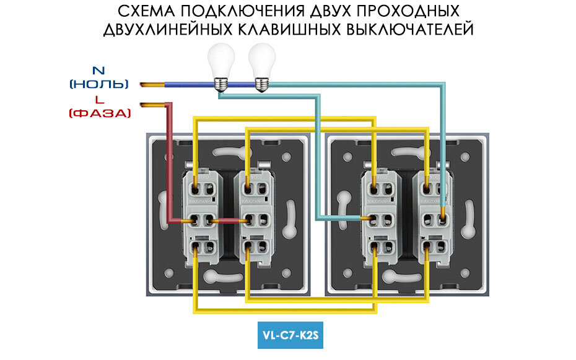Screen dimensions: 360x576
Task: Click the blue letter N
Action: coord(98,70)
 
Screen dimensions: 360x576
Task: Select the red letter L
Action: coord(99,100)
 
